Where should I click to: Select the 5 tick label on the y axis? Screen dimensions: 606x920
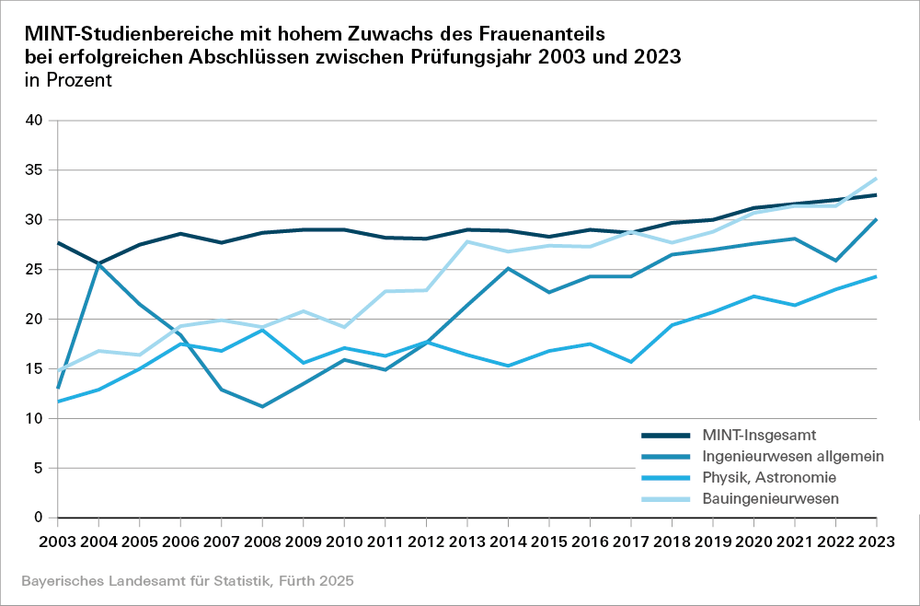(39, 468)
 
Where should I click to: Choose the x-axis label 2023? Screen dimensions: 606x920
(874, 539)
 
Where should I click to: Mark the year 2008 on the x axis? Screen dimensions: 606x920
(263, 539)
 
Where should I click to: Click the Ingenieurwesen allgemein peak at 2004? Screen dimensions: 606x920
(100, 264)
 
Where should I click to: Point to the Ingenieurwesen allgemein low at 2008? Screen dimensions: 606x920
(263, 406)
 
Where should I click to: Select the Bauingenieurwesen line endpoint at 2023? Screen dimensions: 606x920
(876, 179)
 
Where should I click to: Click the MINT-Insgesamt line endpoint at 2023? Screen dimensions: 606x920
(876, 195)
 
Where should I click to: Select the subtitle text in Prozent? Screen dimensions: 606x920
(68, 80)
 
